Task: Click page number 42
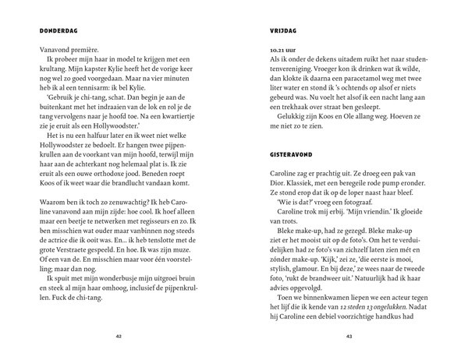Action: [x=119, y=337]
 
